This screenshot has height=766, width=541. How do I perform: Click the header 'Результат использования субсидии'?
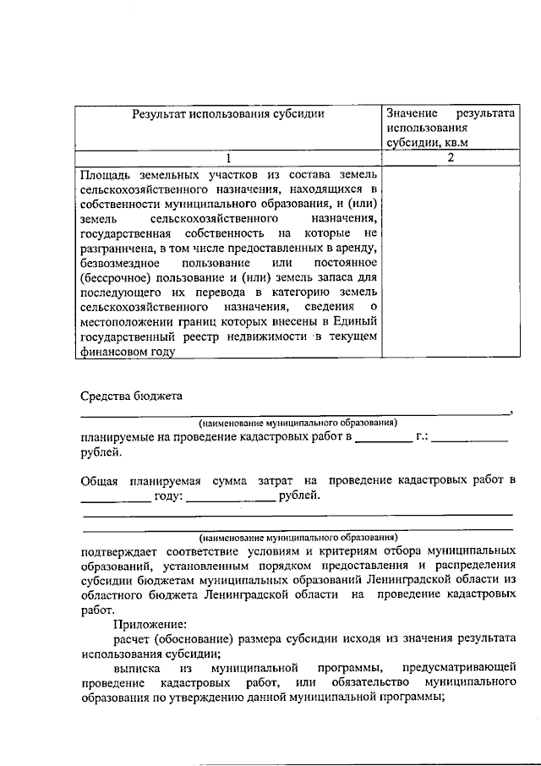tap(227, 113)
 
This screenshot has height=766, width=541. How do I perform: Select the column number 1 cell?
tap(227, 158)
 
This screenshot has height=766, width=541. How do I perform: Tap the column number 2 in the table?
tap(451, 158)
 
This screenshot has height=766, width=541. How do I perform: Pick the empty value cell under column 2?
tap(451, 262)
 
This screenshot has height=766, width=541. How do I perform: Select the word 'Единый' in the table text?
tap(358, 323)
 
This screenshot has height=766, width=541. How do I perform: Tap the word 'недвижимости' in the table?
tap(262, 338)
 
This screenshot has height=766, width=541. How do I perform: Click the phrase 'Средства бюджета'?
tap(132, 396)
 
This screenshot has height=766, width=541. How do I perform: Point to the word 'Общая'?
tap(100, 481)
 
